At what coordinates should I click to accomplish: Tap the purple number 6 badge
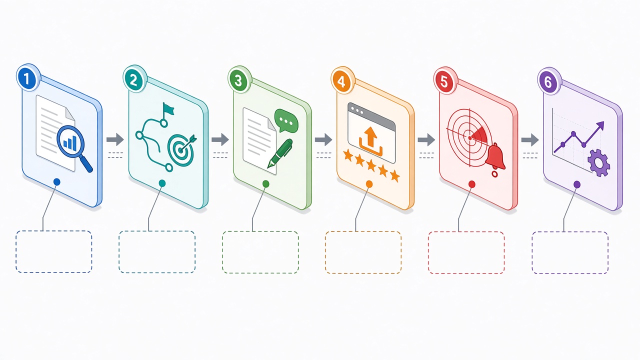coord(548,82)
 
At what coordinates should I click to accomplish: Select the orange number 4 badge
coord(341,81)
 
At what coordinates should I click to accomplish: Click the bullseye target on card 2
coord(181,149)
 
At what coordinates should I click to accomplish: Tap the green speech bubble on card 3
coord(286,120)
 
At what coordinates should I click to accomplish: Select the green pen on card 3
coord(280,153)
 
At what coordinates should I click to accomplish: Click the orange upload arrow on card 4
coord(370,136)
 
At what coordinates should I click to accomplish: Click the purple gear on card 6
coord(599,162)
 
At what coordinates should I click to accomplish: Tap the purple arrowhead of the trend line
coord(600,125)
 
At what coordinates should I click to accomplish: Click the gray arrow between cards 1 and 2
coord(115,139)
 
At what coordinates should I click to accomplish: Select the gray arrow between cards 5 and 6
coord(530,139)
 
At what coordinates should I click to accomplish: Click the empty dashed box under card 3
coord(260,252)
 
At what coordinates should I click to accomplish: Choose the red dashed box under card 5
coord(466,253)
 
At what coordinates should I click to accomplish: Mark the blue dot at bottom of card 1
coord(57,182)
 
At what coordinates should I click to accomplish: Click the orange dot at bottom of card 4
coord(369,184)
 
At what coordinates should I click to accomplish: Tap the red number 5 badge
coord(444,81)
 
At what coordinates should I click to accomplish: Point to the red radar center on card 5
coord(470,138)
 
